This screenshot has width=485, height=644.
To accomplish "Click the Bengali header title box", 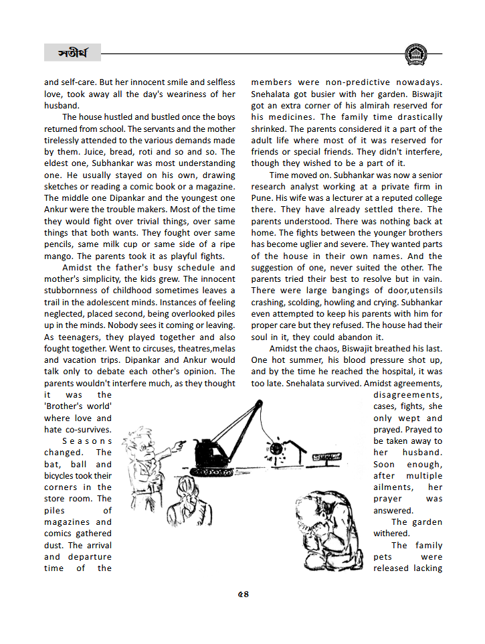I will (x=72, y=52).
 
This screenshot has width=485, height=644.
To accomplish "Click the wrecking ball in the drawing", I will (x=274, y=447).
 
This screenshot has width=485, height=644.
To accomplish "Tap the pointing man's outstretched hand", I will (x=179, y=444).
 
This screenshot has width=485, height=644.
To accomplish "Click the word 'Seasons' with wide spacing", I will (x=87, y=441).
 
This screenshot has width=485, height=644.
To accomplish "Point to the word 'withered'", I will (x=391, y=534).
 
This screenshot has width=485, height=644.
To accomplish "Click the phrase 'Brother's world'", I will (x=78, y=406).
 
